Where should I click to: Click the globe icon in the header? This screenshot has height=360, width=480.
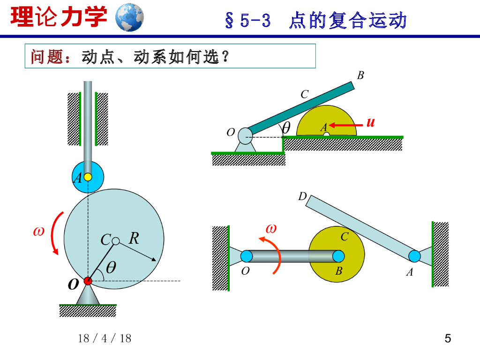(129, 17)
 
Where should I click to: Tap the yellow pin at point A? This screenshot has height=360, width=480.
(88, 177)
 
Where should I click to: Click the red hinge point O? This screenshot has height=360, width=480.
(88, 281)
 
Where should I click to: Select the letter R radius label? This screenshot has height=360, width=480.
(134, 239)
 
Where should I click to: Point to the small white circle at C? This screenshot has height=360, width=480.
(116, 241)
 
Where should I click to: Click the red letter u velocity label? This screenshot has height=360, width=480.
(371, 123)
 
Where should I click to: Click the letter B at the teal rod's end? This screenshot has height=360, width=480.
(360, 75)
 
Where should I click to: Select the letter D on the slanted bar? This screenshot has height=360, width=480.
(302, 196)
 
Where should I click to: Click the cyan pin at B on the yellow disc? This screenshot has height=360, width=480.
(338, 256)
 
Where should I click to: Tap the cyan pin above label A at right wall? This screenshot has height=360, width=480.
(414, 256)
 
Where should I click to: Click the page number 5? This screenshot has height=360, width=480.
(448, 338)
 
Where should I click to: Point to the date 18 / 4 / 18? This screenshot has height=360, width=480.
(105, 338)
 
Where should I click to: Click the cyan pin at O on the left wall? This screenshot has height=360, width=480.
(247, 256)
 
